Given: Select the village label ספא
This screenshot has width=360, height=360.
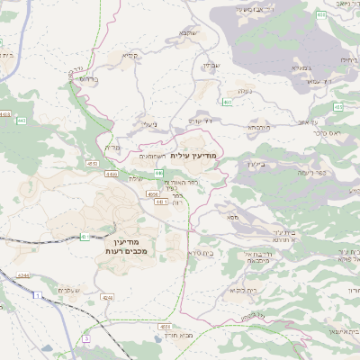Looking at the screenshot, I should [232, 217].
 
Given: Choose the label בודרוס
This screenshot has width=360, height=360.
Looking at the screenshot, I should [88, 78].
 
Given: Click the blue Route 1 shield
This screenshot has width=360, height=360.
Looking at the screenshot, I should [37, 295].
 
